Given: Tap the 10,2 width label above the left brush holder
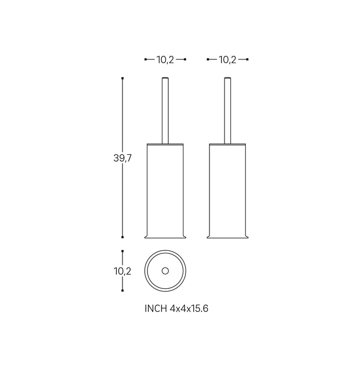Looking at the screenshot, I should pyautogui.click(x=165, y=60).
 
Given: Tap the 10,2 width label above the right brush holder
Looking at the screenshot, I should pyautogui.click(x=227, y=60).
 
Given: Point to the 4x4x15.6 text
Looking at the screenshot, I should pyautogui.click(x=189, y=309).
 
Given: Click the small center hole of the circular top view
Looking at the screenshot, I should pyautogui.click(x=165, y=271).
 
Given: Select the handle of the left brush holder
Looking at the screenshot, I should pyautogui.click(x=165, y=110).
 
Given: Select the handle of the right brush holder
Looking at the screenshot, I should pyautogui.click(x=227, y=110).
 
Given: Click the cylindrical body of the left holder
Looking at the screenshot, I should pyautogui.click(x=165, y=188).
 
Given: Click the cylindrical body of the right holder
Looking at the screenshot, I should pyautogui.click(x=227, y=188).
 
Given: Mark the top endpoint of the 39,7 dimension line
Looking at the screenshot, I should pyautogui.click(x=122, y=78).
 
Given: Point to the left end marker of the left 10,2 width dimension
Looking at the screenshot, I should pyautogui.click(x=145, y=60).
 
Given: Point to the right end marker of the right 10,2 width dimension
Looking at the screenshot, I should pyautogui.click(x=247, y=60).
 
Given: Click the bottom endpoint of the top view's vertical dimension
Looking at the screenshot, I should pyautogui.click(x=122, y=291).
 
